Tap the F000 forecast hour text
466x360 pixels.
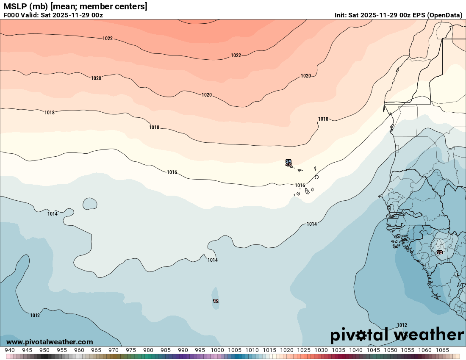coord(11,15)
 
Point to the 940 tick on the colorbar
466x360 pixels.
coord(9,350)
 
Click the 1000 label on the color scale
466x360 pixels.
coord(217,350)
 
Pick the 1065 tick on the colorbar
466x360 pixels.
coord(442,350)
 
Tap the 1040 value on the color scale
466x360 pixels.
coord(355,350)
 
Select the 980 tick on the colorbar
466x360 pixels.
coord(148,350)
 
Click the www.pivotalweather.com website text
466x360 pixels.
coord(50,342)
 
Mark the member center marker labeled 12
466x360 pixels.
coord(216,301)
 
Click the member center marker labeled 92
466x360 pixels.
coord(440,252)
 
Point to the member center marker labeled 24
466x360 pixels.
coord(288,161)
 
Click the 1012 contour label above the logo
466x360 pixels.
coord(402,325)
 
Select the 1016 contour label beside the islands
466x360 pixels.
coord(300,186)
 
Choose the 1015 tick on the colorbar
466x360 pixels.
coord(269,350)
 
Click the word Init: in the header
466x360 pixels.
coord(340,15)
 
